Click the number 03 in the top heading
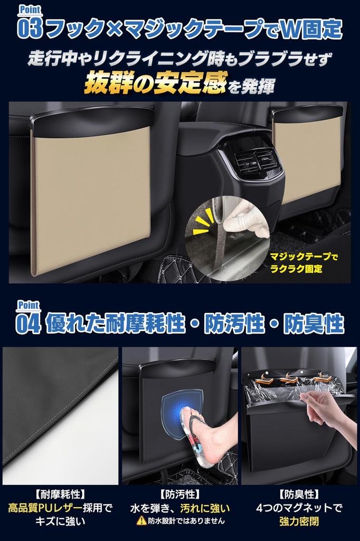[x=30, y=29]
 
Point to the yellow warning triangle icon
[x=141, y=520]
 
